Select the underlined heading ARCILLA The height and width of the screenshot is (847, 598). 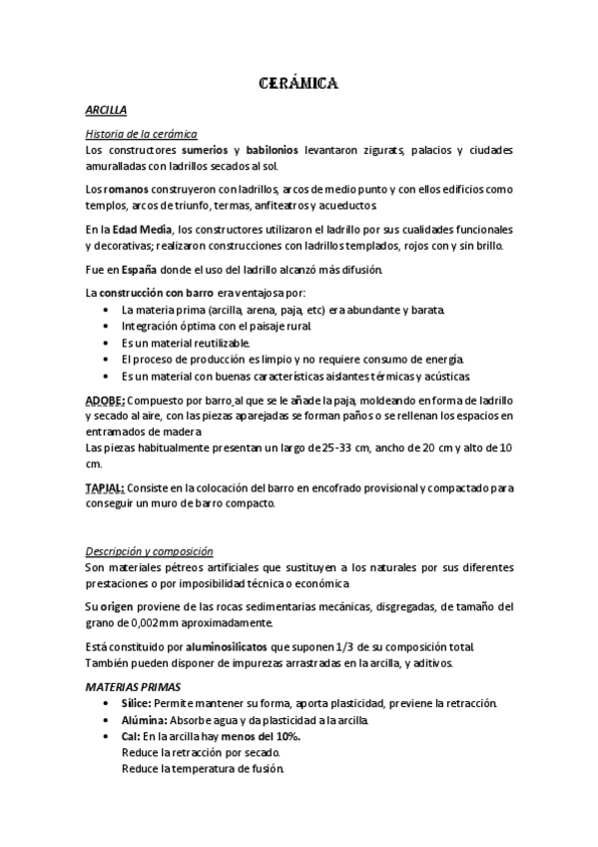106,111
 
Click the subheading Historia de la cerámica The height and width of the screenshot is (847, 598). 141,134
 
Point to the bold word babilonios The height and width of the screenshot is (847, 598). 288,150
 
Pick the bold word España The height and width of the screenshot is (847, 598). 139,270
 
